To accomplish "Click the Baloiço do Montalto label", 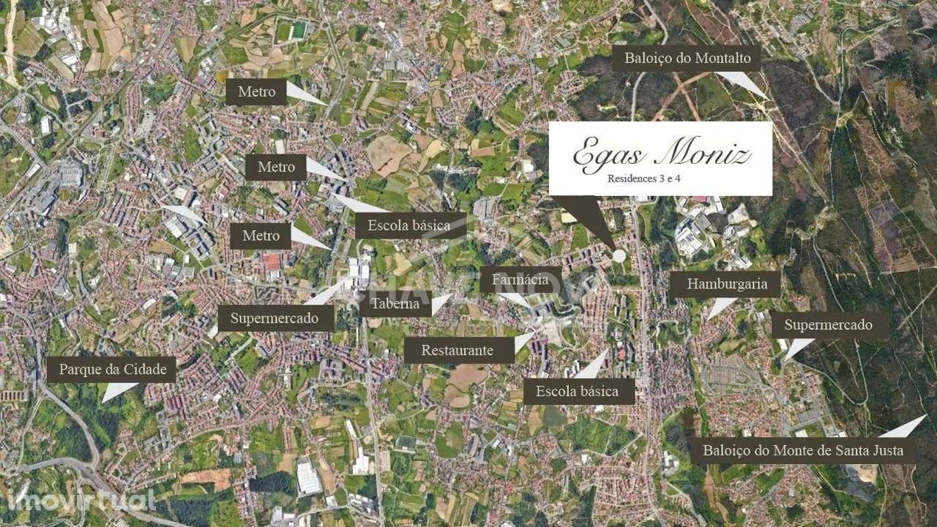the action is click(x=686, y=59).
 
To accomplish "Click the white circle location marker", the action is click(x=619, y=255).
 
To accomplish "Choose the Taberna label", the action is click(x=395, y=304).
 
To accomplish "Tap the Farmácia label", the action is click(x=520, y=280).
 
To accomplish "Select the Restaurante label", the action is click(x=458, y=350).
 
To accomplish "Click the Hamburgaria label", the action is click(x=727, y=284).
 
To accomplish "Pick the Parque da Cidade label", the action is click(x=112, y=369).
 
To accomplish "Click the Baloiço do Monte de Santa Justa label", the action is click(x=803, y=450).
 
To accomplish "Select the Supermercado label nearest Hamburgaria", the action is click(x=828, y=325).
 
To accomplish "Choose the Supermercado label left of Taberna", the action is click(x=275, y=318).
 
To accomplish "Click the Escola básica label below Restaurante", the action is click(x=577, y=391).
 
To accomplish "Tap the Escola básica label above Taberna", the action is click(x=409, y=225).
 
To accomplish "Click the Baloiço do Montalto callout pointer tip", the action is click(x=766, y=97).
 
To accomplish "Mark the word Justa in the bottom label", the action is click(x=886, y=450).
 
